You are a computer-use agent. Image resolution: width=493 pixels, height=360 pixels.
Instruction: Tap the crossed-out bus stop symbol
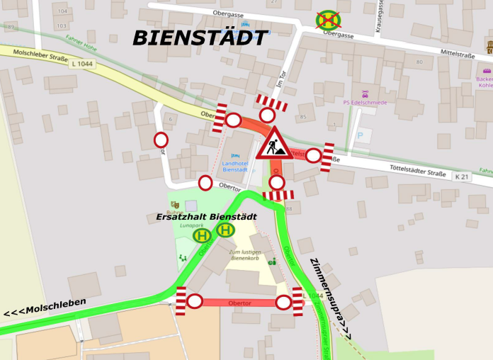tap(328, 19)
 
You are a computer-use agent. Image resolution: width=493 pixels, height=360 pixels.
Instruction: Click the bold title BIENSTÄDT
tap(200, 37)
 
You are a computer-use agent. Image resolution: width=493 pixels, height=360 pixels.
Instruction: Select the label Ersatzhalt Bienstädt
tap(206, 216)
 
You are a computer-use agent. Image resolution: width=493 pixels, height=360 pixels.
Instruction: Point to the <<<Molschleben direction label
tap(45, 308)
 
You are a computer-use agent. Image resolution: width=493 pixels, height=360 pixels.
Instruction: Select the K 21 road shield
tap(462, 176)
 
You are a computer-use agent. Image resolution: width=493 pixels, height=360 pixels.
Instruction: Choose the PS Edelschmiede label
tap(365, 103)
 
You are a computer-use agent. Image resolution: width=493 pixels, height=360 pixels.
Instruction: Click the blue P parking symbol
tap(360, 135)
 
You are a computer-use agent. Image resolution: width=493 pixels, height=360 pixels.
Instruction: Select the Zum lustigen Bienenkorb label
tap(244, 256)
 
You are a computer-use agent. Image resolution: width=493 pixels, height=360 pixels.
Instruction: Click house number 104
tap(62, 11)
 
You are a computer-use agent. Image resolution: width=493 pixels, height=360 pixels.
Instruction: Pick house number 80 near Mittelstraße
tap(419, 62)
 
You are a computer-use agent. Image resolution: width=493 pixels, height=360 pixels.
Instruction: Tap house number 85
tap(303, 117)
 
